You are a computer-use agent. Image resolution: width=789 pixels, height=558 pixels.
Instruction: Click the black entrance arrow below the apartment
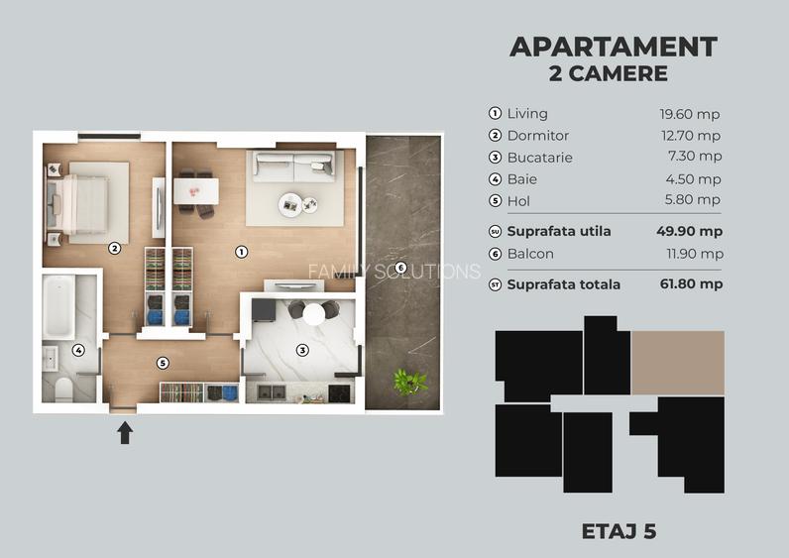(125, 433)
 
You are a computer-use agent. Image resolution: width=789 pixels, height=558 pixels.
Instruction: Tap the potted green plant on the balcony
(407, 380)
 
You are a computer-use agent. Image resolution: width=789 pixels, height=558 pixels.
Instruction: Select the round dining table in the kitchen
(314, 314)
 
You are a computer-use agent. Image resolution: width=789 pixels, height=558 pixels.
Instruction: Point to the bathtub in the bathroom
(58, 306)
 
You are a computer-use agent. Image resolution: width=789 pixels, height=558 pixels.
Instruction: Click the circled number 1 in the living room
(241, 252)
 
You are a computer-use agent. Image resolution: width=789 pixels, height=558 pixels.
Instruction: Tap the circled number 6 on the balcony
(400, 268)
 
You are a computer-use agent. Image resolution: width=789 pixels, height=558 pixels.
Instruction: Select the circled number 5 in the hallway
(164, 363)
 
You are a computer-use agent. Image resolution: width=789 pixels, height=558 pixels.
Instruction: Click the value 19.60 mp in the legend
(691, 114)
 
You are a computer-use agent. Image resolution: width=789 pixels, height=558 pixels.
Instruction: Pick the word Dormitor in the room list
(537, 136)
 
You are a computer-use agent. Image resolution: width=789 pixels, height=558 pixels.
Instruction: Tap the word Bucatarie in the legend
(539, 158)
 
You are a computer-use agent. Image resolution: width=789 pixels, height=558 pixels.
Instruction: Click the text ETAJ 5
(619, 531)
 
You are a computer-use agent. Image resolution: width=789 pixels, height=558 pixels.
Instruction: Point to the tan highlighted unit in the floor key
(678, 363)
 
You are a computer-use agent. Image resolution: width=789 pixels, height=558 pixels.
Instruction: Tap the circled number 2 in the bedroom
(114, 249)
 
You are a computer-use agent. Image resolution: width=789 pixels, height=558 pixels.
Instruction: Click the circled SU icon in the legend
(496, 232)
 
